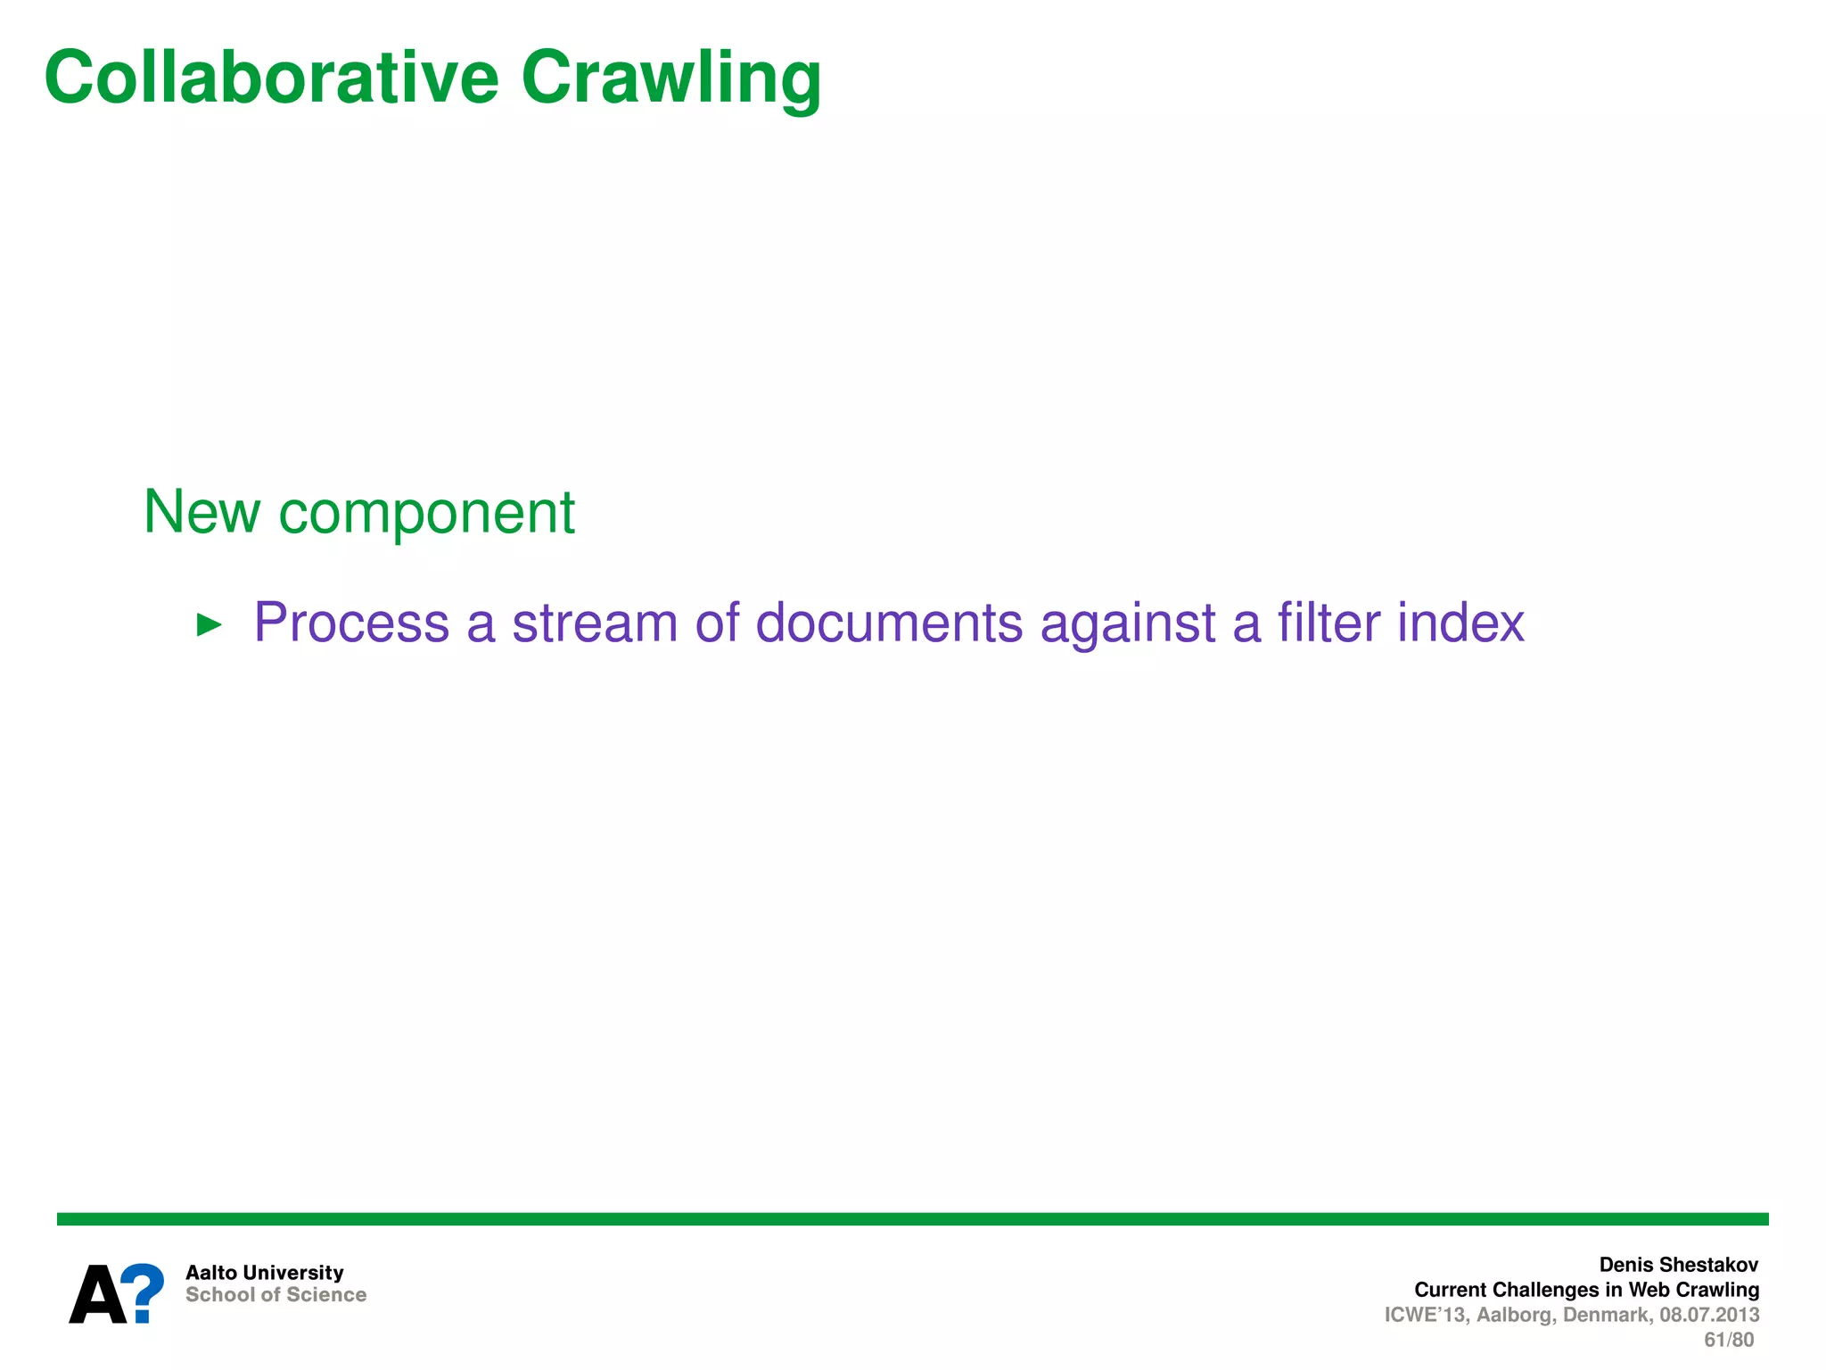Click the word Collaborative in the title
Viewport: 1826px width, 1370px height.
click(271, 78)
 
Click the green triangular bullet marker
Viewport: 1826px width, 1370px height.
click(209, 624)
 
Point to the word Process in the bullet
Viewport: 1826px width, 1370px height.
click(351, 622)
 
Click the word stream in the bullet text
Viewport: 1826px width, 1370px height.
click(594, 622)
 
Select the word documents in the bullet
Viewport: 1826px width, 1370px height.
click(889, 622)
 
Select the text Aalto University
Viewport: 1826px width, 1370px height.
click(264, 1273)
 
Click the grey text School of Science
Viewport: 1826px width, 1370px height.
click(276, 1295)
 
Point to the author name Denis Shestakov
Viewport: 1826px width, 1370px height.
click(1678, 1265)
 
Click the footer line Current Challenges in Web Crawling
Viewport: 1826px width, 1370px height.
click(1586, 1290)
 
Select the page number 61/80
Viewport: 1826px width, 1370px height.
click(1728, 1340)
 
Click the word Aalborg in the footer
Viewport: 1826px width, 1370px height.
click(1515, 1315)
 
